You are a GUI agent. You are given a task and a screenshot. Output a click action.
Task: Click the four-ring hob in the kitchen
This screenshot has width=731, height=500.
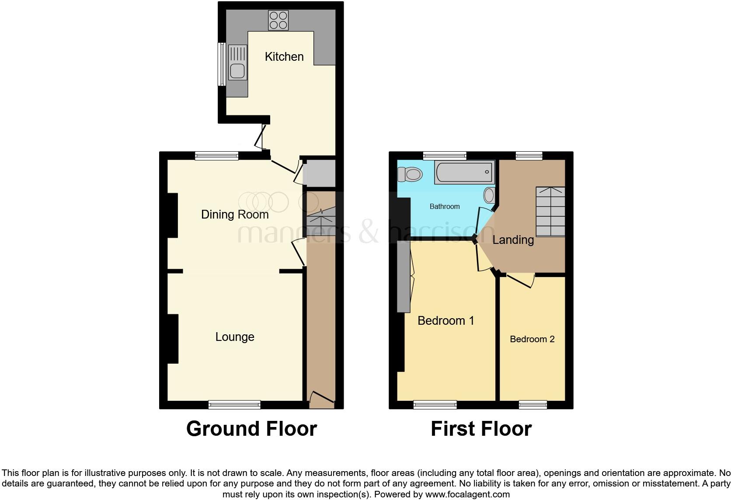[x=278, y=20]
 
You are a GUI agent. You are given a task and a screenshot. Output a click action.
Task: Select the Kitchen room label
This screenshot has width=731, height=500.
[x=284, y=57]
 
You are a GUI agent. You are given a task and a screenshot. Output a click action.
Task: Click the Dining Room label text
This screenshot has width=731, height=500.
[x=235, y=215]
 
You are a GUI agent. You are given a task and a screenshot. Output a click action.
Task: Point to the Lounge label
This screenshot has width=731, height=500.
[x=235, y=337]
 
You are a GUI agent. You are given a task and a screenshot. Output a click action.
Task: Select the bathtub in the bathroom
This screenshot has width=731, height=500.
[x=464, y=172]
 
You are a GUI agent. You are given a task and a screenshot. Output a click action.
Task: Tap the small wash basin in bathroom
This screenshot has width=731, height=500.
[x=489, y=195]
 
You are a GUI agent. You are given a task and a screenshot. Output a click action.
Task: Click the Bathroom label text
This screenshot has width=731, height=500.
[x=445, y=206]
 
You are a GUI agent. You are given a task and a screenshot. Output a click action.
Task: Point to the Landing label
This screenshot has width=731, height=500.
[x=513, y=240]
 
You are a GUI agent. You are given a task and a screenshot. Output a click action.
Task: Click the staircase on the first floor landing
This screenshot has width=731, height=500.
[x=550, y=212]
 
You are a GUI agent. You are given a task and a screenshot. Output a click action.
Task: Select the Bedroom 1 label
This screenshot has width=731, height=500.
[x=446, y=321]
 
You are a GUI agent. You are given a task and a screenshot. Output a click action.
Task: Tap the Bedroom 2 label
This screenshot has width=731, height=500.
[x=532, y=339]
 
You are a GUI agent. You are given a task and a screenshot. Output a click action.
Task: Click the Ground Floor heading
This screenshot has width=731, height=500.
[x=251, y=429]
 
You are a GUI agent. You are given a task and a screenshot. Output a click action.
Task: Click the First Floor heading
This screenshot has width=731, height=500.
[x=481, y=429]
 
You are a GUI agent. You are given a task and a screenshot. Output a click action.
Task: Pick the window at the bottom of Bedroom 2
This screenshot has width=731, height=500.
[x=533, y=405]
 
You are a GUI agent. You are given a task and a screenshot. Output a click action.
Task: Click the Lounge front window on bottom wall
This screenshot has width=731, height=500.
[x=234, y=405]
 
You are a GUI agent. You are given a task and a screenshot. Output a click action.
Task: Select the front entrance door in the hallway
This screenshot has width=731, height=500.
[x=321, y=398]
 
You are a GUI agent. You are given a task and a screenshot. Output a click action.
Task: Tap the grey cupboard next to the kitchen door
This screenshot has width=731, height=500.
[x=320, y=173]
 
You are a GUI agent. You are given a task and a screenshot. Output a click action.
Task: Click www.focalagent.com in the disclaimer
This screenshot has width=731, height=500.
[x=467, y=495]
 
